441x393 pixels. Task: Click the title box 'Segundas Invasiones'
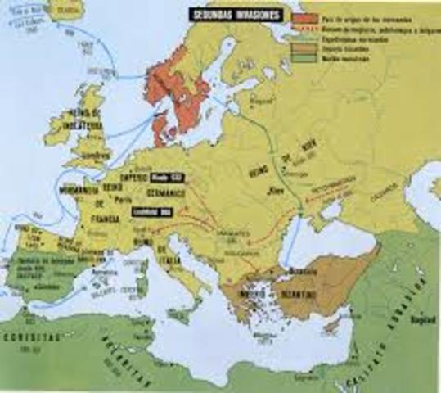coord(237,14)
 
